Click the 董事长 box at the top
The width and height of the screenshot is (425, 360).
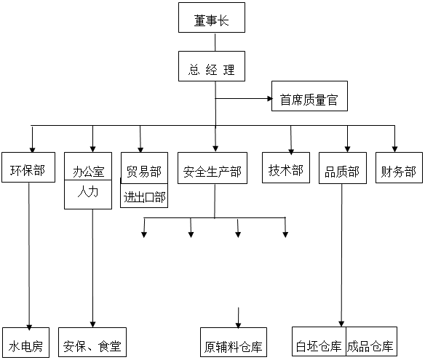click(x=212, y=17)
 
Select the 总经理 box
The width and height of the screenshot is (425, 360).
click(x=212, y=66)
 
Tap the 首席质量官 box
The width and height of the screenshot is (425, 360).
click(x=309, y=96)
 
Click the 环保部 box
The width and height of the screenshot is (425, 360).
click(x=28, y=167)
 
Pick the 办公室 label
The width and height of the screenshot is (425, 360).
click(x=89, y=172)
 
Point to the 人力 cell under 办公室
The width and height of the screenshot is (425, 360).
click(x=88, y=194)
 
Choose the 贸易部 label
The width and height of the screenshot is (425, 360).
click(x=144, y=172)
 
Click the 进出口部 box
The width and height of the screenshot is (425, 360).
click(x=144, y=196)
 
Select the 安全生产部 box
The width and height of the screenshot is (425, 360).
click(x=212, y=168)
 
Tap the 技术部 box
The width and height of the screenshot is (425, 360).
click(x=286, y=167)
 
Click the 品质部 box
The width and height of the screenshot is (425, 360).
click(x=343, y=168)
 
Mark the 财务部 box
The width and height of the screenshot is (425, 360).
click(x=400, y=167)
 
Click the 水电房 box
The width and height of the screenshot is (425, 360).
click(x=26, y=343)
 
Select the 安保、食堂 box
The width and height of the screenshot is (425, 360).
click(x=92, y=343)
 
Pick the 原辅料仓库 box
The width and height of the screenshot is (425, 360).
click(x=234, y=343)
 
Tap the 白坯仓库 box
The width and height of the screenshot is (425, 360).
click(x=319, y=342)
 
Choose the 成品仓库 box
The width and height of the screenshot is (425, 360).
click(x=372, y=342)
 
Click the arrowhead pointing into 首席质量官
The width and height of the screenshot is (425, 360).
click(x=270, y=99)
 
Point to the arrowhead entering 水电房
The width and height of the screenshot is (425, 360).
click(x=29, y=327)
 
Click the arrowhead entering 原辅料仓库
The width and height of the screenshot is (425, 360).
click(x=238, y=325)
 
